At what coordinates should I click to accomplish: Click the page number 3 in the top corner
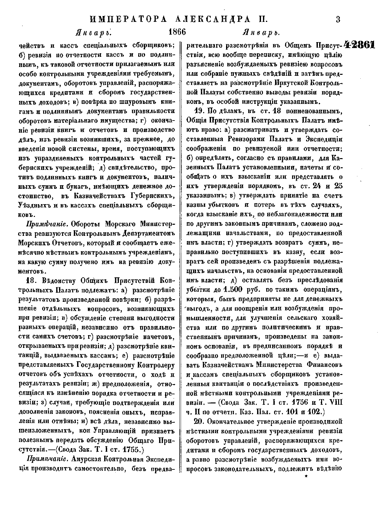tap(338, 19)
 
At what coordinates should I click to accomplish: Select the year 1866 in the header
tap(177, 33)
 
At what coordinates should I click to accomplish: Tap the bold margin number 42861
tap(359, 45)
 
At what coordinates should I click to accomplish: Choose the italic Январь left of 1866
tap(93, 33)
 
